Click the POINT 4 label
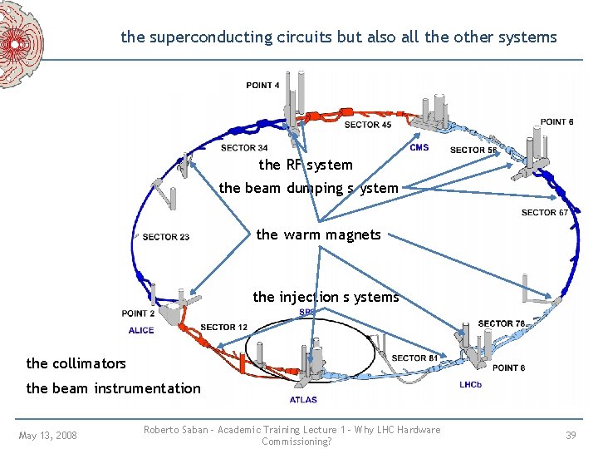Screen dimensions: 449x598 point(262,85)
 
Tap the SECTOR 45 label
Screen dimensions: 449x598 point(368,125)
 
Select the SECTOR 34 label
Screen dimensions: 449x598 point(244,148)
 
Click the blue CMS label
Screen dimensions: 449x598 point(419,147)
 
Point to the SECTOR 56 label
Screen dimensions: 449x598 point(473,150)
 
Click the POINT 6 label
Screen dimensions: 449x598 point(556,121)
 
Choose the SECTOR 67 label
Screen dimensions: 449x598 point(545,212)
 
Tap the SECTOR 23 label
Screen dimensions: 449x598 point(166,237)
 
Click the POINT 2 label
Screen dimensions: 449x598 point(138,313)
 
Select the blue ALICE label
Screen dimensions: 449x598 point(140,330)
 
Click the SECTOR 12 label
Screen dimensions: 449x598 point(224,327)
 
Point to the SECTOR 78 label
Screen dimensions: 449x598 point(502,323)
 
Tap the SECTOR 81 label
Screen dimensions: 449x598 point(414,358)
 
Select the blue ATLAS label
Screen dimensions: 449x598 point(303,400)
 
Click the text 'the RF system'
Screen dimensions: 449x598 point(305,165)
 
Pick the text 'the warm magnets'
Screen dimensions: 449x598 point(318,234)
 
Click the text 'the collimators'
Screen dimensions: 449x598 point(76,363)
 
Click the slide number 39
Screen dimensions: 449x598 point(571,435)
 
